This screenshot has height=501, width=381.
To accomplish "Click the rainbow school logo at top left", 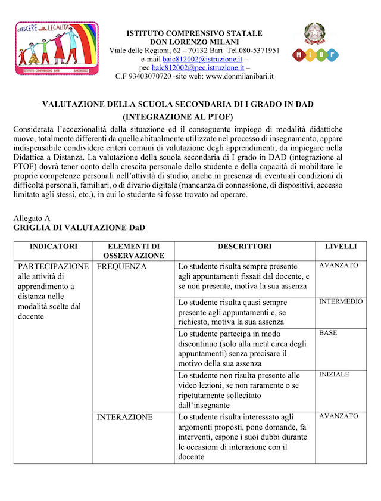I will (57, 48).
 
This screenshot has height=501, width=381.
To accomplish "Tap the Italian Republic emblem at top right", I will (315, 33).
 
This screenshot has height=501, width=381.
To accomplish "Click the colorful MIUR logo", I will (315, 55).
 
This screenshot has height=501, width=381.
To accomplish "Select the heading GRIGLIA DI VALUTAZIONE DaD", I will (79, 228).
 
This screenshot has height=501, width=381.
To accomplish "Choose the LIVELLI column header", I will (341, 247).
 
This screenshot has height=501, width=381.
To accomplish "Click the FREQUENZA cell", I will (121, 267).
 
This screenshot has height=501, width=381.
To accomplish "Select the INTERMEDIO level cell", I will (341, 302).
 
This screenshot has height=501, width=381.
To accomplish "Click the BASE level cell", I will (328, 333).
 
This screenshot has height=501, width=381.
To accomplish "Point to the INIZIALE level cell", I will (334, 375).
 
